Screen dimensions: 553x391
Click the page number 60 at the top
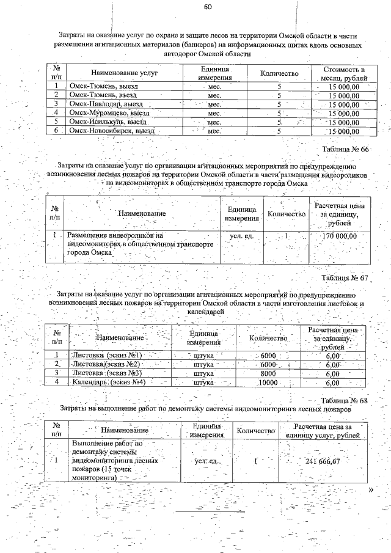[x=208, y=7]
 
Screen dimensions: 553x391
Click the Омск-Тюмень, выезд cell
[x=103, y=87]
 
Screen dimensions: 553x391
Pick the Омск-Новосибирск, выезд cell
[x=111, y=130]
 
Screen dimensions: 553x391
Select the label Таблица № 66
[x=346, y=149]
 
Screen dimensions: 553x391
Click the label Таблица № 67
[x=346, y=277]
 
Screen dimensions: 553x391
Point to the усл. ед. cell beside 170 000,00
[x=241, y=236]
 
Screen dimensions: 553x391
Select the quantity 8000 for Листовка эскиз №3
[x=268, y=373]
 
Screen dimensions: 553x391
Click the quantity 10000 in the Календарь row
[x=268, y=383]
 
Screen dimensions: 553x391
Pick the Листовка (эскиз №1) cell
[x=107, y=356]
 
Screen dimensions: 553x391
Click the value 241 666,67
[x=322, y=461]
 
